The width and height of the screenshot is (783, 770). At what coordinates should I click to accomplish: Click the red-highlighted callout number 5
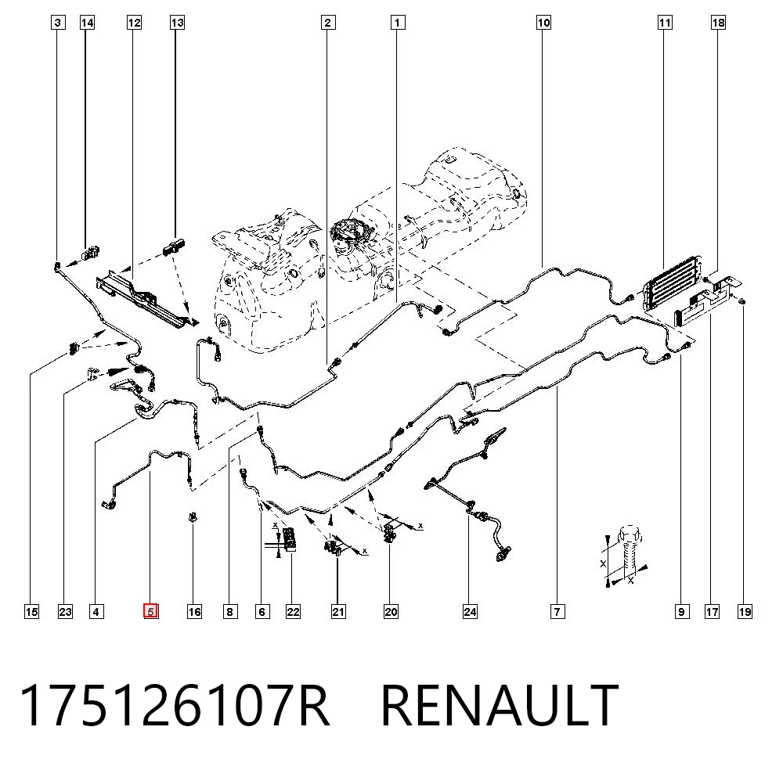tap(151, 611)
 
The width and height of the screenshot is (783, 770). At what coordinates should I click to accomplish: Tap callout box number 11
tap(665, 23)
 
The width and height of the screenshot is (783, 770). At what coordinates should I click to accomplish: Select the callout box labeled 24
tap(470, 611)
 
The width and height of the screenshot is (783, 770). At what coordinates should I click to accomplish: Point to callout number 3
tap(59, 23)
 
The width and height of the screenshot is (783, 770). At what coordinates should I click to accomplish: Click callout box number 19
tap(745, 611)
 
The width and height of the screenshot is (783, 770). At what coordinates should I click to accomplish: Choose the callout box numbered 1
tap(398, 23)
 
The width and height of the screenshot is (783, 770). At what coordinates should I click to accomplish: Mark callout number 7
tap(557, 611)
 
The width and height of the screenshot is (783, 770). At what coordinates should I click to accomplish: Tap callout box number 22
tap(293, 611)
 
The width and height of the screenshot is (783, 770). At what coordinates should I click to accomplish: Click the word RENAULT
tap(500, 705)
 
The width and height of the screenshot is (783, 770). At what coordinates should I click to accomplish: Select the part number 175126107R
tap(175, 705)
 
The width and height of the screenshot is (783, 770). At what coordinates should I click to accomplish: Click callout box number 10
tap(544, 23)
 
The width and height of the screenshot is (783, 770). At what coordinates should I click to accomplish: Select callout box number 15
tap(31, 611)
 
